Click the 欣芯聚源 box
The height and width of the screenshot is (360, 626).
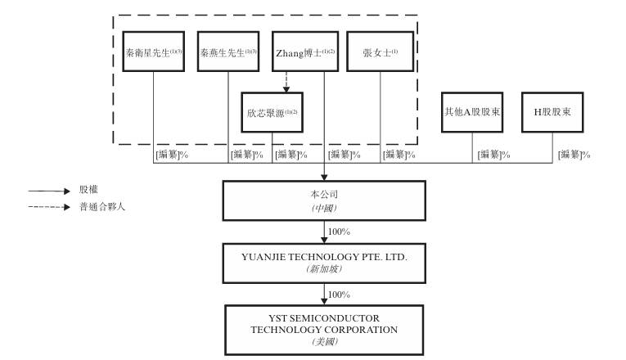pyautogui.click(x=272, y=110)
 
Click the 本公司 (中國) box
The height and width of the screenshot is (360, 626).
pyautogui.click(x=325, y=200)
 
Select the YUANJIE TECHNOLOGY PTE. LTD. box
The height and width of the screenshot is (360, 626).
pyautogui.click(x=325, y=260)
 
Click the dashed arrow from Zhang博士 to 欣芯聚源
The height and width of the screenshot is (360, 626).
pyautogui.click(x=286, y=81)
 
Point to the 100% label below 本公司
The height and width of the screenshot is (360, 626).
pyautogui.click(x=338, y=232)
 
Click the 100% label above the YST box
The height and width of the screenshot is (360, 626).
pyautogui.click(x=338, y=294)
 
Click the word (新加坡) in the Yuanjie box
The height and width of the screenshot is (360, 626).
pyautogui.click(x=325, y=268)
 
